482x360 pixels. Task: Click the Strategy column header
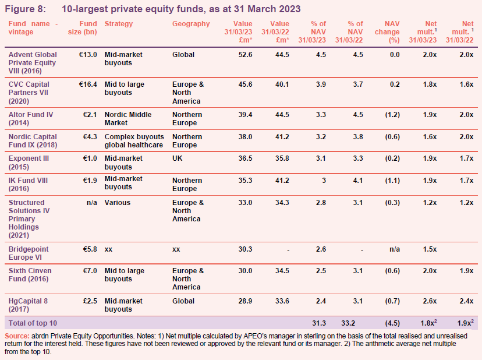(119, 24)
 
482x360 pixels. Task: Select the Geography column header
(191, 24)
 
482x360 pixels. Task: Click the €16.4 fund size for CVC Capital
(88, 84)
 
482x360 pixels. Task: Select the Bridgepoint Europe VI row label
(29, 253)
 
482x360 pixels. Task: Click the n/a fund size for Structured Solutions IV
(91, 203)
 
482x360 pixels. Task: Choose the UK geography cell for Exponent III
(178, 158)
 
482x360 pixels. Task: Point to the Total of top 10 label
(33, 323)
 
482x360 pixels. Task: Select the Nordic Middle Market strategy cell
(128, 119)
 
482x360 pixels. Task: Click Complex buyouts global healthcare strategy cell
(134, 141)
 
